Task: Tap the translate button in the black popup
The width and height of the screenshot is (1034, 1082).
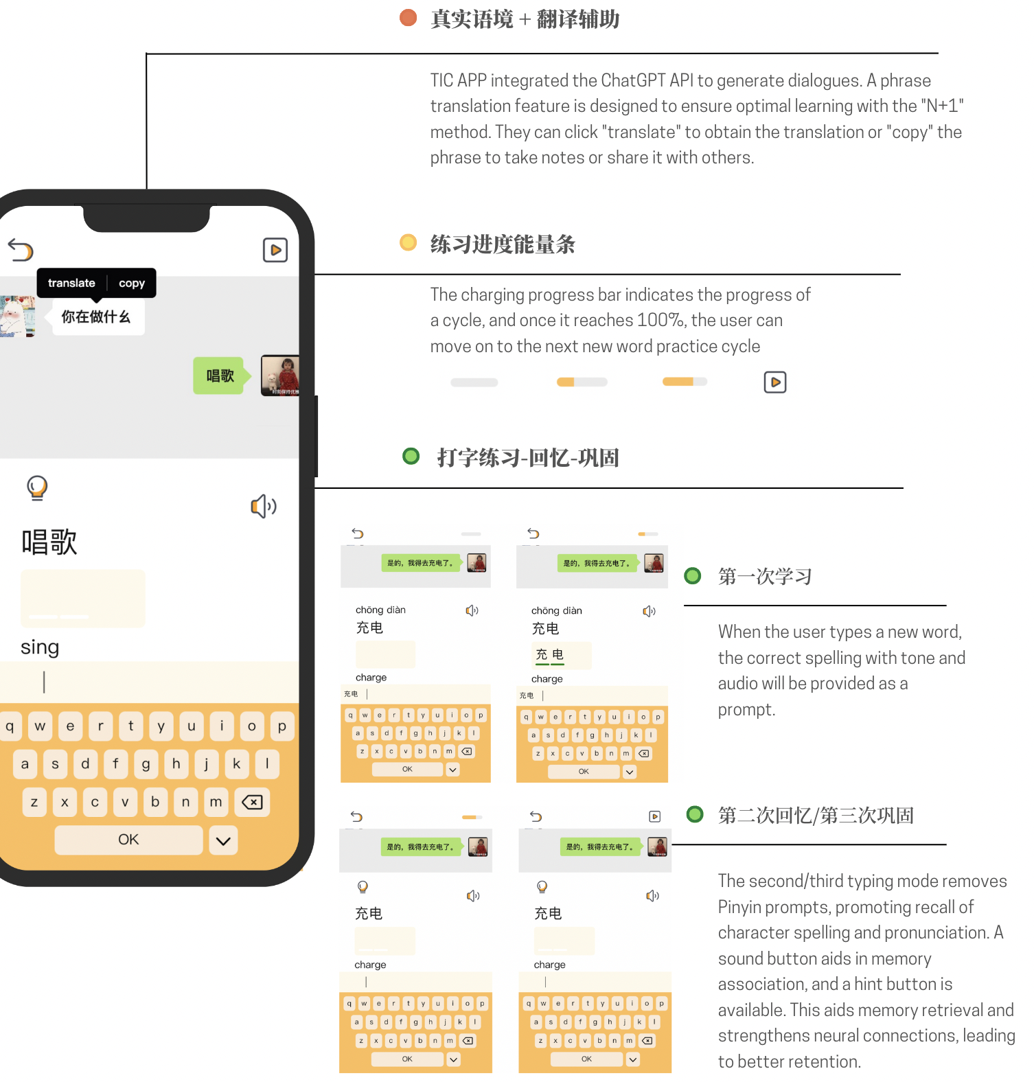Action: point(71,283)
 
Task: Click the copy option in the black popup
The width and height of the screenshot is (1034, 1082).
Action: point(132,283)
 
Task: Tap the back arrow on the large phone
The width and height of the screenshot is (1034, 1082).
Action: point(21,250)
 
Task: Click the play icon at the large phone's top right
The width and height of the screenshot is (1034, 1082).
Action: point(275,250)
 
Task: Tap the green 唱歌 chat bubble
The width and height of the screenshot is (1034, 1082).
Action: point(220,376)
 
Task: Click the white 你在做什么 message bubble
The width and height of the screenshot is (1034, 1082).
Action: point(97,317)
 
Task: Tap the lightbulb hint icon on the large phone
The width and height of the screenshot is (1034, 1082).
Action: point(37,487)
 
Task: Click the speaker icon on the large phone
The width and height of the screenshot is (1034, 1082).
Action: point(263,507)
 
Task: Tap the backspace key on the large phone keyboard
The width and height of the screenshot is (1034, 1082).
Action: point(252,802)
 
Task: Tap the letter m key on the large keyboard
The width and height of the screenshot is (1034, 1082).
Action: point(216,802)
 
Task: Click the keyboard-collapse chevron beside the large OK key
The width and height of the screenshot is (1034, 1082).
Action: point(223,840)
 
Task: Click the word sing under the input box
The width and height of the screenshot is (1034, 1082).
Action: point(40,647)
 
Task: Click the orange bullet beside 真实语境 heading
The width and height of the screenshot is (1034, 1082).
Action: point(409,18)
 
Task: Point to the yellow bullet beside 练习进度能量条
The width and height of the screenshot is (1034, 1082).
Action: point(409,242)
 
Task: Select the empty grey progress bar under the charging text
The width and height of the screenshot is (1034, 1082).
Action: point(474,382)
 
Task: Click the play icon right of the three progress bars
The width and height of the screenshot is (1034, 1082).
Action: point(775,382)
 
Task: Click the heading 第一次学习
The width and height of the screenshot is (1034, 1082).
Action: point(765,576)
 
